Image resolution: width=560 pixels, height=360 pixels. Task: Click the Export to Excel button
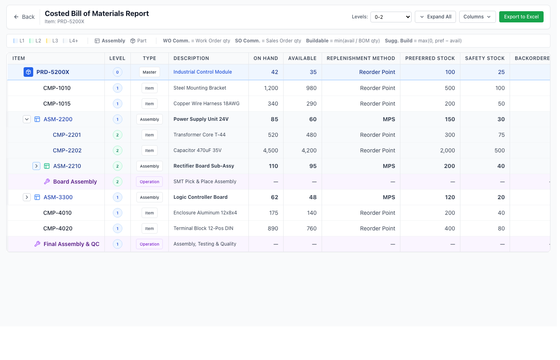[521, 17]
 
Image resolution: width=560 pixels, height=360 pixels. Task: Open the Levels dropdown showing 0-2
[391, 17]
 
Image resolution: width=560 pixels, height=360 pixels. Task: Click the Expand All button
[435, 17]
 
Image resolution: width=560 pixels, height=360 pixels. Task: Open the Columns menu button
[477, 17]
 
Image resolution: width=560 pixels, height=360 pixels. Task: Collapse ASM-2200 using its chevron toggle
[27, 119]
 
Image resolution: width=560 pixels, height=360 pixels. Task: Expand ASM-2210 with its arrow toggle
[36, 166]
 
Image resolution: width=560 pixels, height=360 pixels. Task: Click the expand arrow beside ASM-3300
[27, 197]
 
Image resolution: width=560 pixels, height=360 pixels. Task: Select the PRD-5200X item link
[52, 72]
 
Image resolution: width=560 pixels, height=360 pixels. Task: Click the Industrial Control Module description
[202, 72]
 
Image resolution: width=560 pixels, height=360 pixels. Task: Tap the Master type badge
[149, 72]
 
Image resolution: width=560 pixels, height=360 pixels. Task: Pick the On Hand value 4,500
[270, 150]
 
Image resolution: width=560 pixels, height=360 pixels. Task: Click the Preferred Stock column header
[430, 58]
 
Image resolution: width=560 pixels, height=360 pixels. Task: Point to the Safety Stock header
[484, 58]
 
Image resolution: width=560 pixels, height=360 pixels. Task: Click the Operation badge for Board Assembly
[149, 182]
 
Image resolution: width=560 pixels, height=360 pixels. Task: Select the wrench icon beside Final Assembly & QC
[37, 244]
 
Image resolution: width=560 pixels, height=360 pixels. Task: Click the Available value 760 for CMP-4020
[311, 228]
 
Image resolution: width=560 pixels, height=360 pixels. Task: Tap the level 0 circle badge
[117, 72]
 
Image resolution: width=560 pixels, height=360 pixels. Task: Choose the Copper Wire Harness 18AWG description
[206, 104]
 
